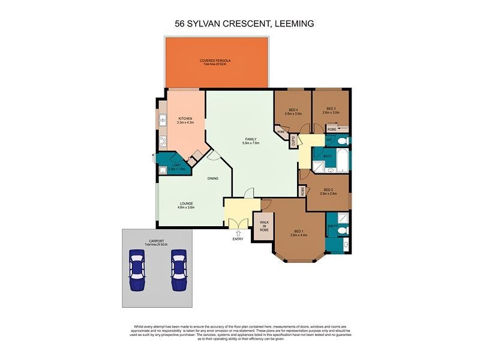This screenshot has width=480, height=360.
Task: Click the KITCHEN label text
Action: coord(185,119)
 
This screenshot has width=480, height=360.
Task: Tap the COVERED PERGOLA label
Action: coord(215,61)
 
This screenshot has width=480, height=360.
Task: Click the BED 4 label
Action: coord(293,109)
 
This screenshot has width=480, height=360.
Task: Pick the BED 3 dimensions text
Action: coord(331,113)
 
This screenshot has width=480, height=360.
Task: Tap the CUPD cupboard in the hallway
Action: coord(293,141)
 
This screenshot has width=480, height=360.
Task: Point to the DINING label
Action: coord(212,178)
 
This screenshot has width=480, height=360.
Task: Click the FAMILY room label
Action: coord(250,139)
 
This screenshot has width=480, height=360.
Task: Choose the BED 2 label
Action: coord(326,190)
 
